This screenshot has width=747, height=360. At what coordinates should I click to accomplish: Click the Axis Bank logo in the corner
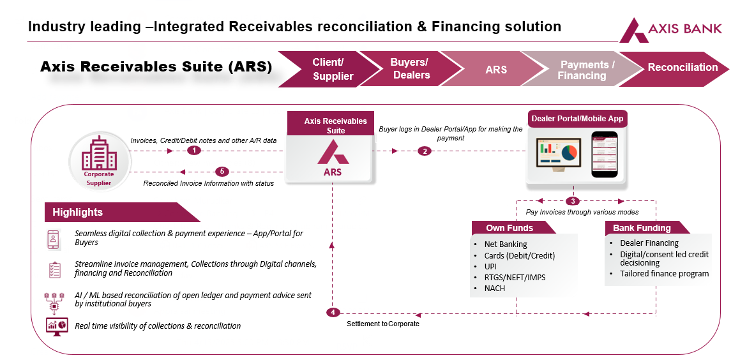[x=671, y=29]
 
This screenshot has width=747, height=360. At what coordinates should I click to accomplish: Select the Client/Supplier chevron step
[x=328, y=69]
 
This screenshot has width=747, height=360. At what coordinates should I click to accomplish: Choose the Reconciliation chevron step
[x=682, y=68]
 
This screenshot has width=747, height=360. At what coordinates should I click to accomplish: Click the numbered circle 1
[x=195, y=151]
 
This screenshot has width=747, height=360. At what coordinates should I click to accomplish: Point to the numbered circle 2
[x=423, y=151]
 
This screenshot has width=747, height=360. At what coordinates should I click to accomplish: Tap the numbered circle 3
[x=573, y=201]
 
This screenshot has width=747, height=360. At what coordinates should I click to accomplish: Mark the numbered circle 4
[x=333, y=313]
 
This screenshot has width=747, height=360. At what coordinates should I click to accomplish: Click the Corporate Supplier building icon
[x=99, y=160]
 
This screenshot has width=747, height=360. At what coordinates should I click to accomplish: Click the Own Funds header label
[x=509, y=228]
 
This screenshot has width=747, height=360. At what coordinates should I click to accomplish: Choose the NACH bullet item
[x=495, y=288]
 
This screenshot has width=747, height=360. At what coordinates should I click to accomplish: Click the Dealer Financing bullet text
[x=649, y=243]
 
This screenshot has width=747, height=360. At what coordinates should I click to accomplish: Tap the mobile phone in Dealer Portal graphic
[x=604, y=154]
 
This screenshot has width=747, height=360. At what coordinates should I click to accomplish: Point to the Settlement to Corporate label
[x=383, y=324]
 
